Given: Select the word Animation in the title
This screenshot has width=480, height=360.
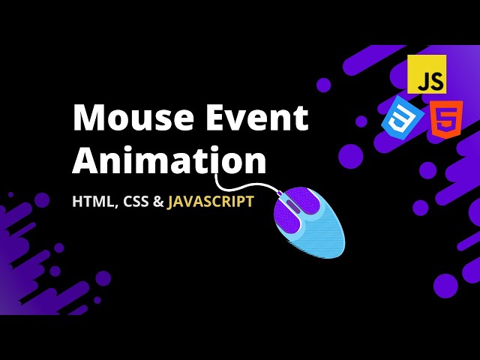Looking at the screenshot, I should click(169, 160).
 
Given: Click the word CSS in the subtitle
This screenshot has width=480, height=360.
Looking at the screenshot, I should click(135, 202).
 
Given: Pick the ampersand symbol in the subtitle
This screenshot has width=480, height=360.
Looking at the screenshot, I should click(158, 202).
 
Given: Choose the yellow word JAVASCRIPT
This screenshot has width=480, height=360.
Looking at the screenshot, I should click(211, 202).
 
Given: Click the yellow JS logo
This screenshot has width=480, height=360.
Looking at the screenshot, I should click(427, 74).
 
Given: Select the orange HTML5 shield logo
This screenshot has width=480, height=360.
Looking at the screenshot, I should click(445, 118).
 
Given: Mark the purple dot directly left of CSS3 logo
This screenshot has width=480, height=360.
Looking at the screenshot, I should click(361, 121).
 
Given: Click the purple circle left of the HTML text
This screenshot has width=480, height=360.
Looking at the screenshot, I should click(42, 199).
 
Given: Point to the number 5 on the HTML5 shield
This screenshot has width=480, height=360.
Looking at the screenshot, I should click(445, 120).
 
